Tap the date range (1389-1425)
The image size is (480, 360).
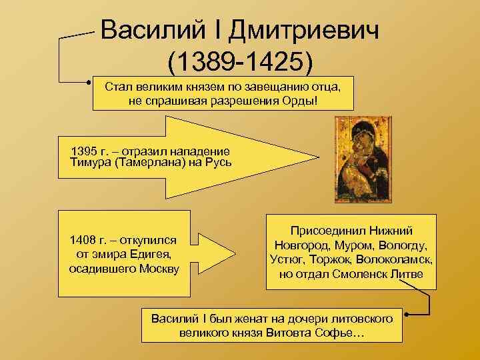click(x=240, y=62)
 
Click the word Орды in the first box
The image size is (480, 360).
click(x=307, y=100)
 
